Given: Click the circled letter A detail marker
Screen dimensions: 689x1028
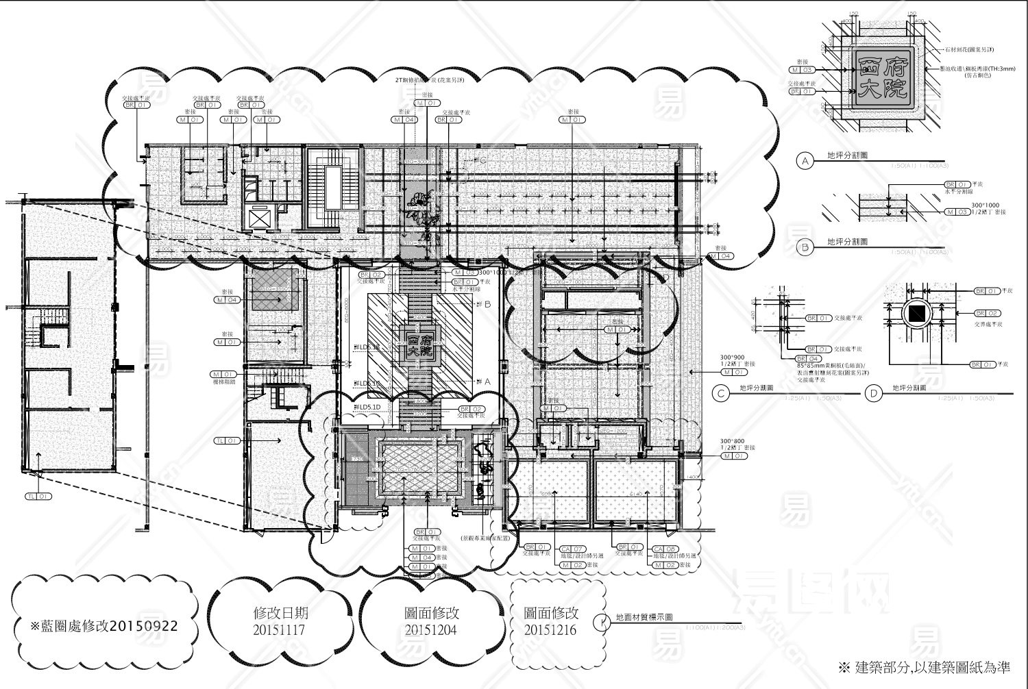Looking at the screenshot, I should (805, 161).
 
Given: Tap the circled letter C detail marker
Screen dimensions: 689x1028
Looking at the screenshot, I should (720, 393).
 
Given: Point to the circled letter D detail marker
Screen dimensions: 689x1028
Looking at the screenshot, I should (872, 393).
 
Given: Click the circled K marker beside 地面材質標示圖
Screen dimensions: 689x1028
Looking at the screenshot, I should (602, 621).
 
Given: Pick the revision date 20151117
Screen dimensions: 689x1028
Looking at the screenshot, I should (280, 629).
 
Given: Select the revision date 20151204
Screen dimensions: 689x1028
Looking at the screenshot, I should (432, 629).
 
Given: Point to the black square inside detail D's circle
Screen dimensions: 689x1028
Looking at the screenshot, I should (916, 316).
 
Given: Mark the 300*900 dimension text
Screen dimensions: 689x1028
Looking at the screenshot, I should (731, 358).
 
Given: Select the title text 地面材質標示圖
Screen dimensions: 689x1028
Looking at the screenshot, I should (644, 617).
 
